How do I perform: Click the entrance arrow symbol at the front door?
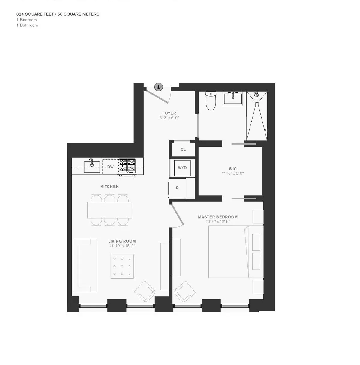(x=158, y=87)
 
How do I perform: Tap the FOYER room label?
(x=169, y=113)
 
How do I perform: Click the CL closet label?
(x=183, y=149)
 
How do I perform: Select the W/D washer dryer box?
(x=182, y=168)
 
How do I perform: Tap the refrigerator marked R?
(x=177, y=188)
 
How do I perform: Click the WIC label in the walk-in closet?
(x=232, y=169)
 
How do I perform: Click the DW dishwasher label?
(x=110, y=167)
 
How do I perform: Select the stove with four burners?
(x=127, y=166)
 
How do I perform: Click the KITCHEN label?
(x=109, y=186)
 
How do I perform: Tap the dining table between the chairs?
(x=110, y=210)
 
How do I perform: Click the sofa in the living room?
(x=85, y=265)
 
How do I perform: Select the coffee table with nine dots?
(x=122, y=266)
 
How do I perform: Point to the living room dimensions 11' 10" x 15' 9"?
(x=122, y=246)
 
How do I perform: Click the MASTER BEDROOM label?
(x=218, y=217)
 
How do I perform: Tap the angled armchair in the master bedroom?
(x=185, y=291)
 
